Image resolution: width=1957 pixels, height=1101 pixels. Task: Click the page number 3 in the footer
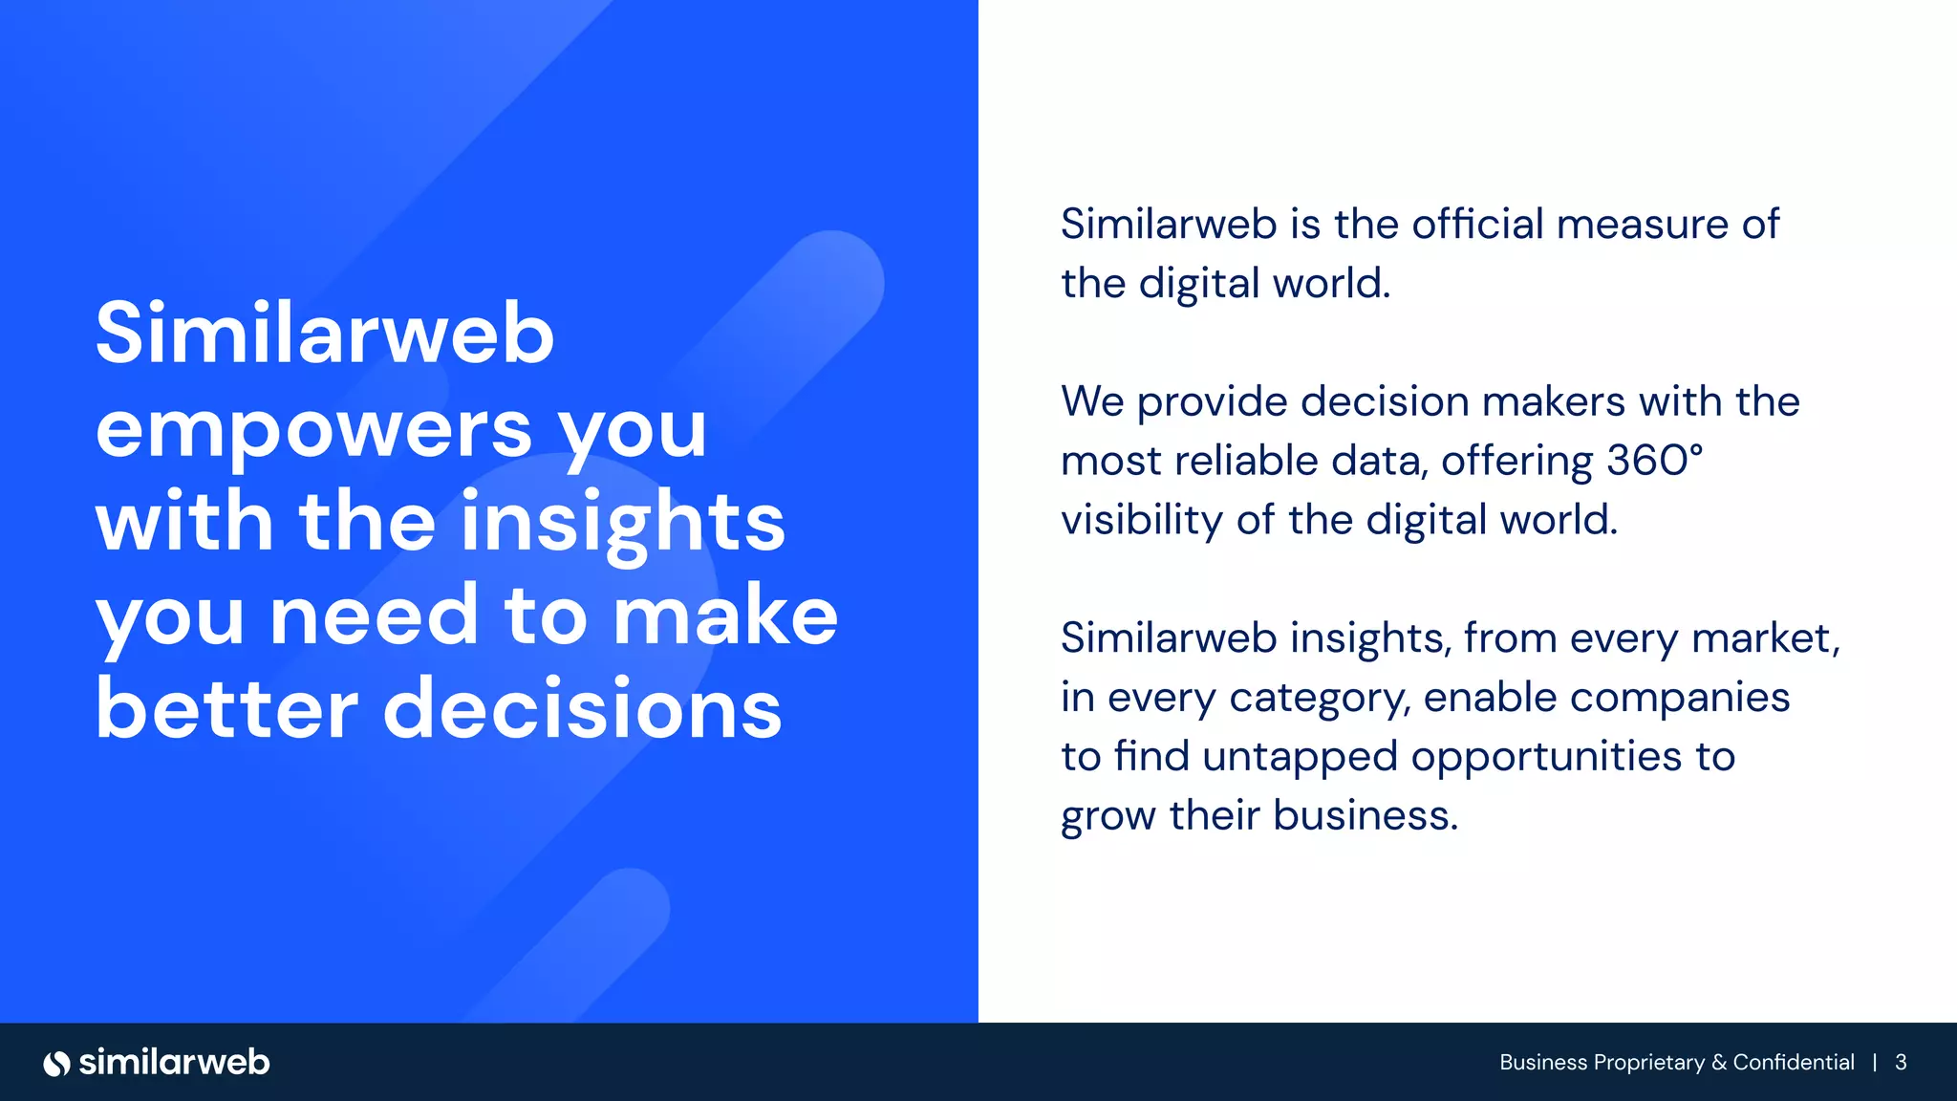[x=1901, y=1063]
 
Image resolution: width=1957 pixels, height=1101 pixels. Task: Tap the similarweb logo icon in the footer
[x=57, y=1063]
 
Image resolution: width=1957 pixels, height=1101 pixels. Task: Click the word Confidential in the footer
[x=1794, y=1063]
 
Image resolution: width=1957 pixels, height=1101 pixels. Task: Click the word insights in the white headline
[x=623, y=523]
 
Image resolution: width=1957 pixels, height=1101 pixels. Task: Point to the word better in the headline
[x=226, y=708]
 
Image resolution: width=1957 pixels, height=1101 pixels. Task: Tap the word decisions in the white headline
[x=583, y=708]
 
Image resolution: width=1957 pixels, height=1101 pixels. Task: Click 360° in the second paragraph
[x=1654, y=461]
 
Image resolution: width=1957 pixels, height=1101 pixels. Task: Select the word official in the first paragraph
[x=1477, y=225]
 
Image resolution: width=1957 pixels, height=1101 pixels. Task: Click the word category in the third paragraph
[x=1319, y=699]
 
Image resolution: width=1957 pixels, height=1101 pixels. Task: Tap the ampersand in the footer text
[x=1719, y=1063]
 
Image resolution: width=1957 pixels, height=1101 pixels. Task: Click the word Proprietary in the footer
[x=1649, y=1063]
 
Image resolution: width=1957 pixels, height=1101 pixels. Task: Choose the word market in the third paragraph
[x=1764, y=638]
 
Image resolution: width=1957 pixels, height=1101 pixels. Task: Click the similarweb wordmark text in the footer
[x=174, y=1063]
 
